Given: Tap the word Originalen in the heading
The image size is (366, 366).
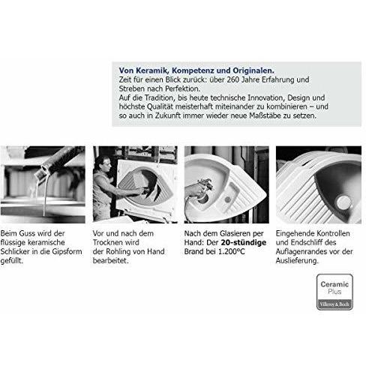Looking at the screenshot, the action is point(253,70).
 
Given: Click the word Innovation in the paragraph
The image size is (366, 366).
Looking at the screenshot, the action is point(266,97).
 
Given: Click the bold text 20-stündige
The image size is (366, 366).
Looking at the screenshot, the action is point(244,242).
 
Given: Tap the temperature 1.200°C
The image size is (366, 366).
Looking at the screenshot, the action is point(232,251).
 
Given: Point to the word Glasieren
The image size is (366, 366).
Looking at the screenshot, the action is point(238,233).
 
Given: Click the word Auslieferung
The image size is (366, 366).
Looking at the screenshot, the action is point(297,261).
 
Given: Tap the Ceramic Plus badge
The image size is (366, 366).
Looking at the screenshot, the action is point(334,292).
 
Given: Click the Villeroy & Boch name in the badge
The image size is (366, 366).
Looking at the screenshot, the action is point(334,304).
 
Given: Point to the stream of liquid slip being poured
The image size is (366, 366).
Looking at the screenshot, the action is point(45,195).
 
